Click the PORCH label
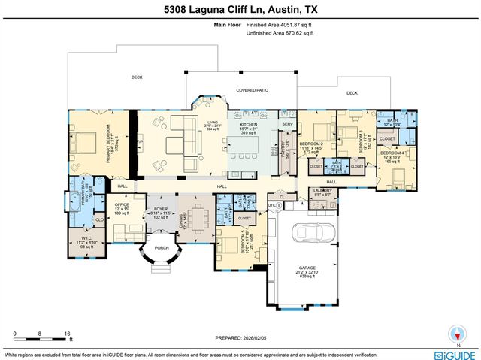[160, 247]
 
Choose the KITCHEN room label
[248, 125]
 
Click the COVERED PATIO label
[252, 90]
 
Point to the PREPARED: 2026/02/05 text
[240, 336]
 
